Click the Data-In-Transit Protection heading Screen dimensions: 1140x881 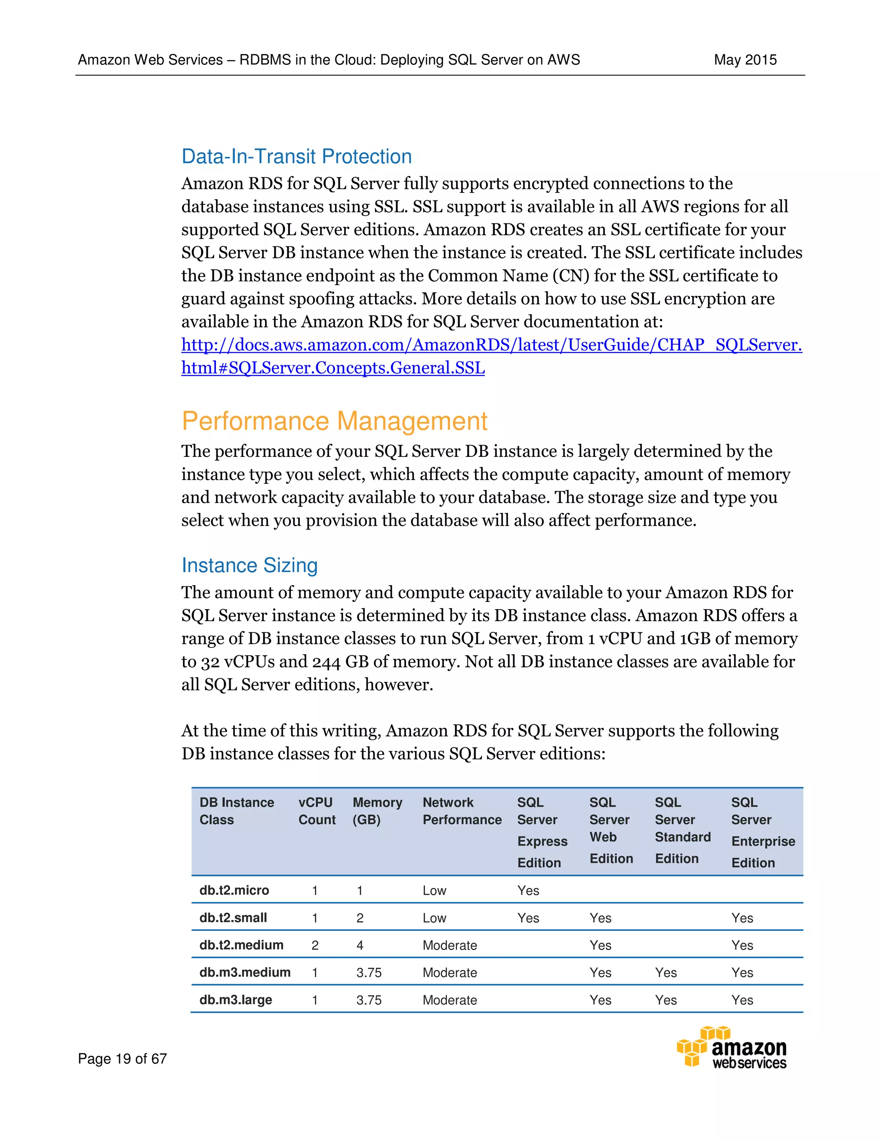coord(296,157)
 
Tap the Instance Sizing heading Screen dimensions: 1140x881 coord(250,565)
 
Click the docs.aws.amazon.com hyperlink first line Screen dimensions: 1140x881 coord(491,345)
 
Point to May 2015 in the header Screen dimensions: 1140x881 coord(745,60)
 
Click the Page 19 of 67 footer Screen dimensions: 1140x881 coord(122,1059)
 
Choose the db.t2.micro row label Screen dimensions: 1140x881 coord(234,890)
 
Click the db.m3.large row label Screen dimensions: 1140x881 coord(235,1000)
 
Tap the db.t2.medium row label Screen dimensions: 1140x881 coord(241,945)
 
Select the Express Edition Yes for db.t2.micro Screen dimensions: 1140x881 coord(528,891)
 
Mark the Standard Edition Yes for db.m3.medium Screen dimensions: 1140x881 coord(665,973)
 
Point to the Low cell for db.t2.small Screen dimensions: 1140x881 coord(434,918)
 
